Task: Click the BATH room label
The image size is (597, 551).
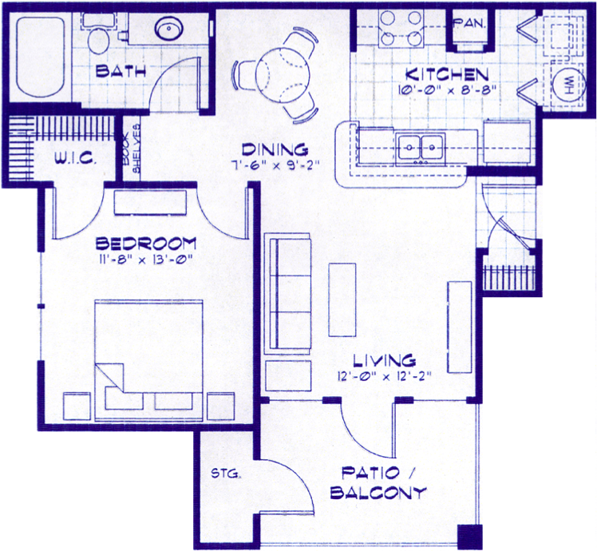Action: click(x=121, y=71)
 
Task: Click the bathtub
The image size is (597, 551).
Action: click(x=40, y=57)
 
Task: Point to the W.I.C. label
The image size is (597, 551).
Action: click(x=75, y=159)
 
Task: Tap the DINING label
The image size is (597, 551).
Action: click(x=275, y=149)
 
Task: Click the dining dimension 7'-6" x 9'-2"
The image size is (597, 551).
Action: click(x=275, y=165)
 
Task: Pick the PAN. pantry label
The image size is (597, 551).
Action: click(x=470, y=23)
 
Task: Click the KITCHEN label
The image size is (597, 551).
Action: click(x=447, y=75)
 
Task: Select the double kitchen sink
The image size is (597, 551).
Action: click(x=421, y=148)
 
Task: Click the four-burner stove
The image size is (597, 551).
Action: click(x=401, y=28)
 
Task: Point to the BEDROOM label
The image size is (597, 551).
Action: click(x=145, y=244)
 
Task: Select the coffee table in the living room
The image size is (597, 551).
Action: click(x=342, y=299)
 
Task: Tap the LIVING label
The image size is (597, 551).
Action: click(x=384, y=360)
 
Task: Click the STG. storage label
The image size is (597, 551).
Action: click(x=226, y=474)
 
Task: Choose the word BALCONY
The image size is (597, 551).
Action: click(x=378, y=493)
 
